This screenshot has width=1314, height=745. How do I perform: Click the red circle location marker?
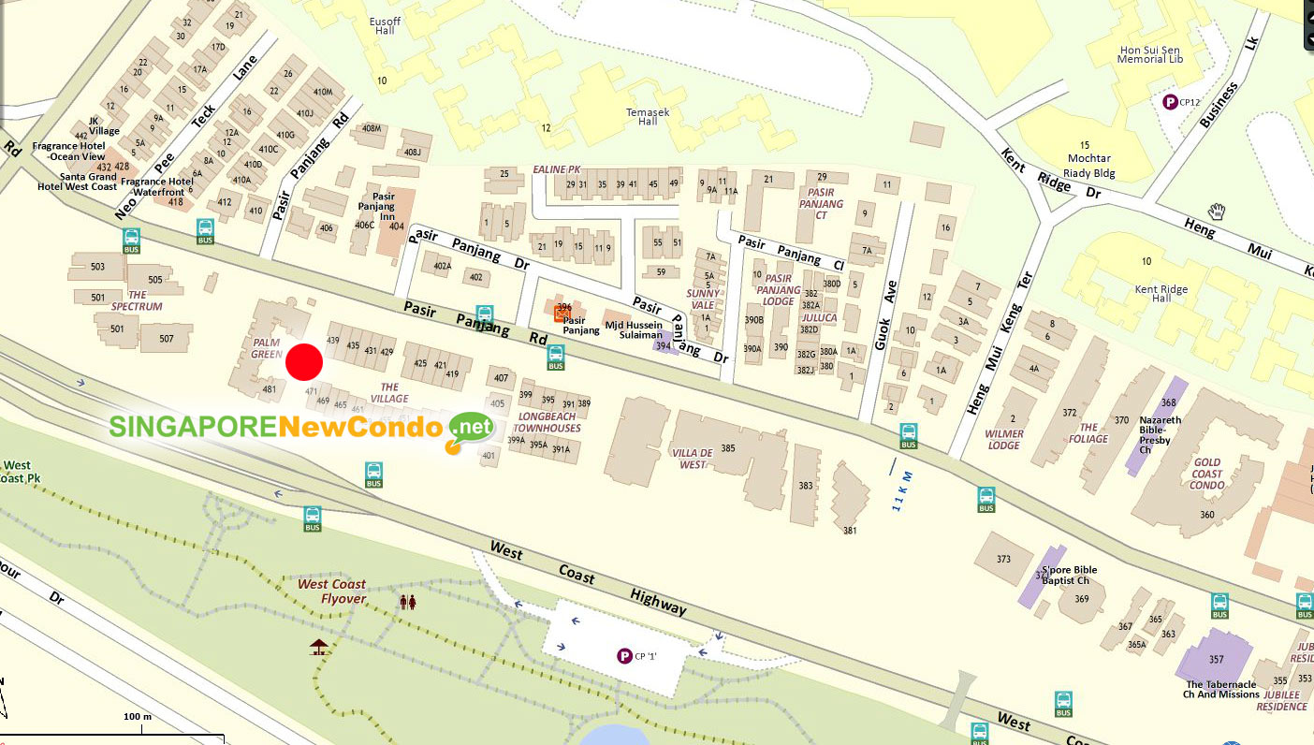(304, 362)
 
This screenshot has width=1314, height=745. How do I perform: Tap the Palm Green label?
(267, 348)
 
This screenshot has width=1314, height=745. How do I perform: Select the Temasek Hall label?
(642, 116)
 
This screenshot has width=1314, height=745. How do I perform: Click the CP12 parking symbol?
(1169, 102)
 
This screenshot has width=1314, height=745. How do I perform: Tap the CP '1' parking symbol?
(624, 656)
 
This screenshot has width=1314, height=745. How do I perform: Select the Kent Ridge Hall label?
(1161, 295)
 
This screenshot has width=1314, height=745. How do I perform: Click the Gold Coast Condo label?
(1207, 474)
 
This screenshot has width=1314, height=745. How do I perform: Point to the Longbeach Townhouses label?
(547, 422)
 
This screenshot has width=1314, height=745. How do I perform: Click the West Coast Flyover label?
(331, 592)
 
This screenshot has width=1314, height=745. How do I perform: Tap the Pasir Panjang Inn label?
(377, 208)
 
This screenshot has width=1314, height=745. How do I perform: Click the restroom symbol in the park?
(407, 602)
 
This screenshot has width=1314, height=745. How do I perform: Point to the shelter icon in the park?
(319, 646)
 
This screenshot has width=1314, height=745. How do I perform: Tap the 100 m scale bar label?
(138, 717)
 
